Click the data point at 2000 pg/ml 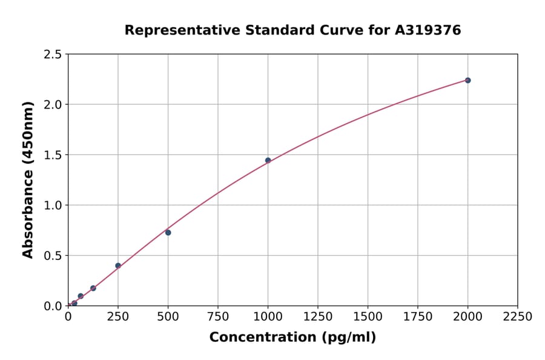pos(467,80)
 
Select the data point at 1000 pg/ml pos(268,161)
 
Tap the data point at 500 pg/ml pos(168,233)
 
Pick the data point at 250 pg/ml pos(118,265)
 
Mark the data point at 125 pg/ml pos(93,288)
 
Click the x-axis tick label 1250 pos(318,317)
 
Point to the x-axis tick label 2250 pos(518,317)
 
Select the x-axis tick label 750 pos(218,317)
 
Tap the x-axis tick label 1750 pos(418,317)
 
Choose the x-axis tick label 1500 pos(368,317)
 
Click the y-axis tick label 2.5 pos(53,55)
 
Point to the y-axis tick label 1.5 pos(53,155)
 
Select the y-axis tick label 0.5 pos(53,256)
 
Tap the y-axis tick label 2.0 pos(53,105)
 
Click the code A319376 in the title pos(428,30)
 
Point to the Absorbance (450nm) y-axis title pos(28,180)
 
